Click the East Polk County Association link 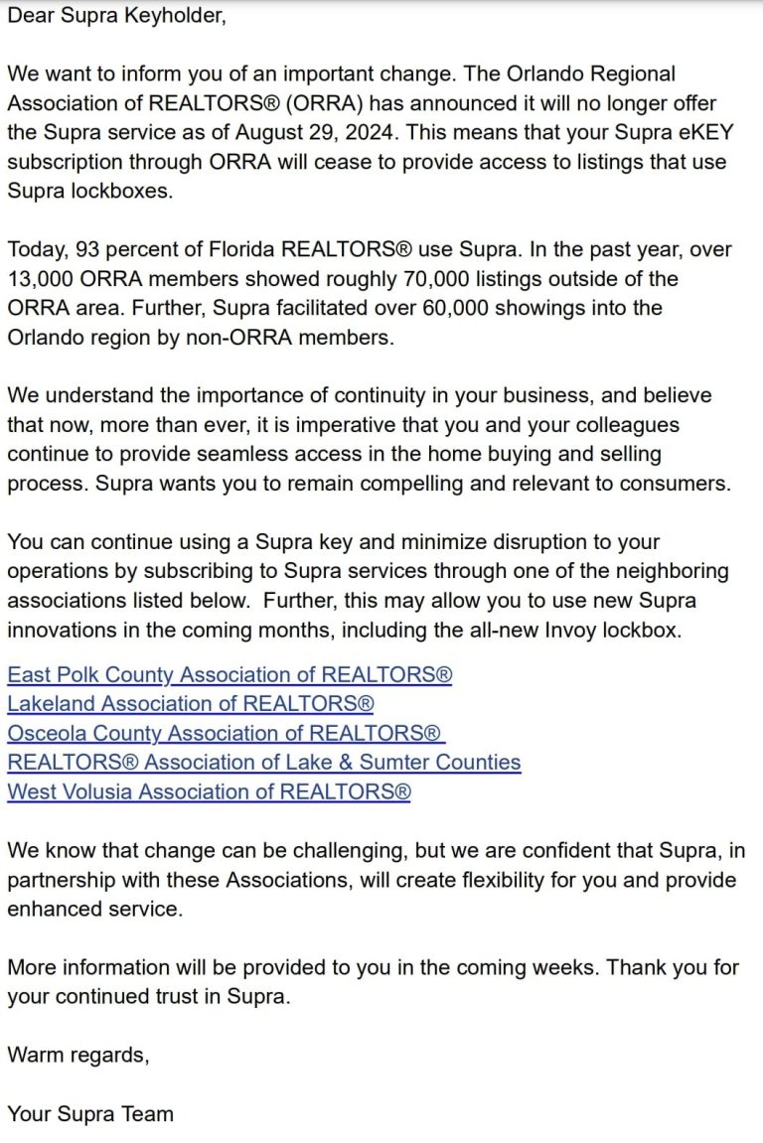229,675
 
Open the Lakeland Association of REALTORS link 190,704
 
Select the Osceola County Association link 225,733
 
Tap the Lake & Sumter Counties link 263,762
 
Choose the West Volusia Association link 209,791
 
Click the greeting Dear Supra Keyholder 117,17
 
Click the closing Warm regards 78,1055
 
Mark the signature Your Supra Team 90,1113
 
